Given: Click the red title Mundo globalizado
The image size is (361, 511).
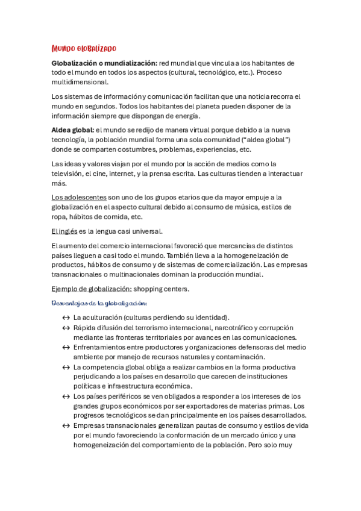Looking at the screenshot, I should tap(84, 48).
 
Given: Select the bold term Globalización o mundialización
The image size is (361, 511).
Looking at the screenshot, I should tap(104, 63).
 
